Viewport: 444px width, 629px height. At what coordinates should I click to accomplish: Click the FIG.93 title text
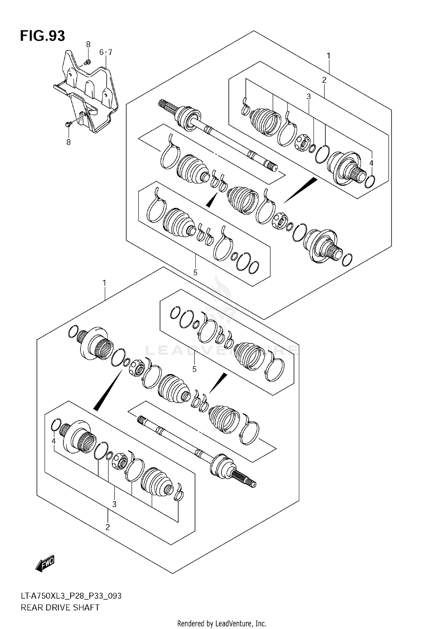click(42, 36)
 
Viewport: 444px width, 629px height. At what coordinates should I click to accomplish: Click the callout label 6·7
click(105, 52)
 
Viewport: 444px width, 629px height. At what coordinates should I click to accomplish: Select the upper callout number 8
click(88, 45)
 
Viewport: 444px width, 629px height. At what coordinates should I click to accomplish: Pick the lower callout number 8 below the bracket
click(68, 142)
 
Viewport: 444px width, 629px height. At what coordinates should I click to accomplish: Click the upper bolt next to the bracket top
click(87, 62)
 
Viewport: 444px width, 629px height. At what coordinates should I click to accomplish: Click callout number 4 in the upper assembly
click(371, 163)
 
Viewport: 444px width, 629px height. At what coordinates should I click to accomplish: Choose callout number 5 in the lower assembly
click(194, 369)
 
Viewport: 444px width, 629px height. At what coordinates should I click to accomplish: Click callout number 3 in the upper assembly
click(309, 96)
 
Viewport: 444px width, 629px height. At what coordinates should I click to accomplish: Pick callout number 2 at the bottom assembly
click(108, 527)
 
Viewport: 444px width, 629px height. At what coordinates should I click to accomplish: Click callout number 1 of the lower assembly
click(104, 283)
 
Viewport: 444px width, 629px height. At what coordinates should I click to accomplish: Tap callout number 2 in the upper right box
click(324, 80)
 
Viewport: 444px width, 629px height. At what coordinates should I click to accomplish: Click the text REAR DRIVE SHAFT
click(60, 607)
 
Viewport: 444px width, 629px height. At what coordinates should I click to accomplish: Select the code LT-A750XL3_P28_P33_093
click(71, 596)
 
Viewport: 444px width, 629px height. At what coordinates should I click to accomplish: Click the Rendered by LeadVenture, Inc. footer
click(222, 623)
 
